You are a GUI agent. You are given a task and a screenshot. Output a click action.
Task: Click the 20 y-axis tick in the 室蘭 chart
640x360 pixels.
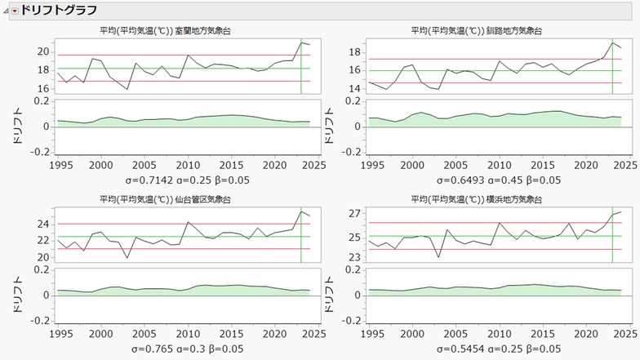(x=44, y=51)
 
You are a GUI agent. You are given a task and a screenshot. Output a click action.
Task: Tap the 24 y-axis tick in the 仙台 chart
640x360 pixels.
(x=44, y=224)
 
